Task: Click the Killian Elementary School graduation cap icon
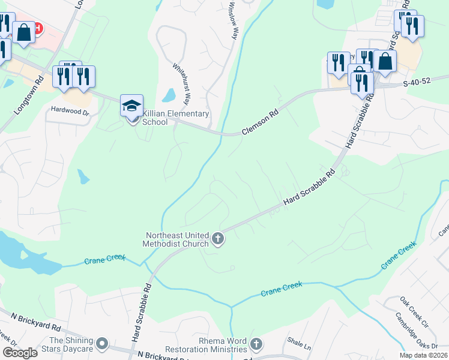point(132,106)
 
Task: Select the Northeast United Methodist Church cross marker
point(218,239)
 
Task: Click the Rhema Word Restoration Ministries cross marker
point(256,344)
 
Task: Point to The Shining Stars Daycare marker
point(102,344)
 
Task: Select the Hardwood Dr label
point(70,110)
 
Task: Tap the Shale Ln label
point(298,346)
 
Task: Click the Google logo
point(19,353)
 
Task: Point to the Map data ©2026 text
point(423,355)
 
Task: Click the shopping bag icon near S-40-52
point(384,61)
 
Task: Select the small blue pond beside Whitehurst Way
point(169,95)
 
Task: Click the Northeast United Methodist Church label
point(176,239)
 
